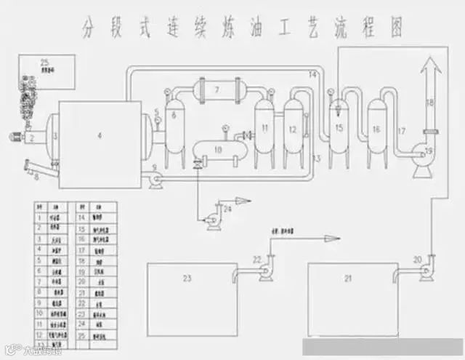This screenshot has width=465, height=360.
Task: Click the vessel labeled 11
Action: pyautogui.click(x=264, y=129)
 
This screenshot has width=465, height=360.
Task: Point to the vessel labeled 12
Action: pyautogui.click(x=293, y=129)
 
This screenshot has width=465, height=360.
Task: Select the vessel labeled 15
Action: pyautogui.click(x=338, y=127)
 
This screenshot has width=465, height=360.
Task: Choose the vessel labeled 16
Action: pyautogui.click(x=376, y=129)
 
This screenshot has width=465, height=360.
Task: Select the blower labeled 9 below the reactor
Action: pyautogui.click(x=155, y=175)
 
